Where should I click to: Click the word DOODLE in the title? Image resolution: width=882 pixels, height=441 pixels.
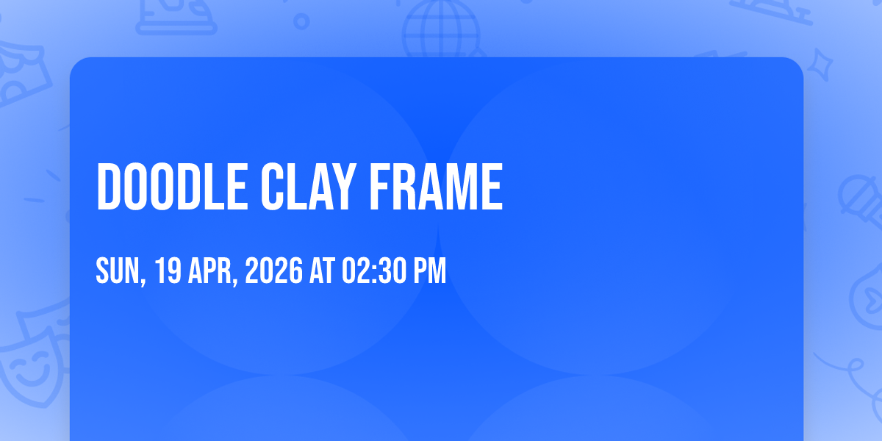pos(172,187)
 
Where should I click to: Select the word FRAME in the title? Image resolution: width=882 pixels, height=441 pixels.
pos(436,187)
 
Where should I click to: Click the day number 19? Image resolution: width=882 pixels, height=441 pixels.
pos(168,270)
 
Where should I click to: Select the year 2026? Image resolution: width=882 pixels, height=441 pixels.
pos(273,270)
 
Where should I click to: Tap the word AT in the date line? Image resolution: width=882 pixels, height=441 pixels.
pos(322,270)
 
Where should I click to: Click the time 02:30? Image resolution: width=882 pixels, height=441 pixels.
pos(374,270)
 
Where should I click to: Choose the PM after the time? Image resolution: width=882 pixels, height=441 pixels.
pos(429,270)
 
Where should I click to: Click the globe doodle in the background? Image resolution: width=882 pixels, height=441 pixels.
pos(442,29)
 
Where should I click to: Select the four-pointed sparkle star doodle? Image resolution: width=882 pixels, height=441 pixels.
pos(820,65)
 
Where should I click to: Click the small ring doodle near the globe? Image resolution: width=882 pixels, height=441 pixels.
pos(301,21)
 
